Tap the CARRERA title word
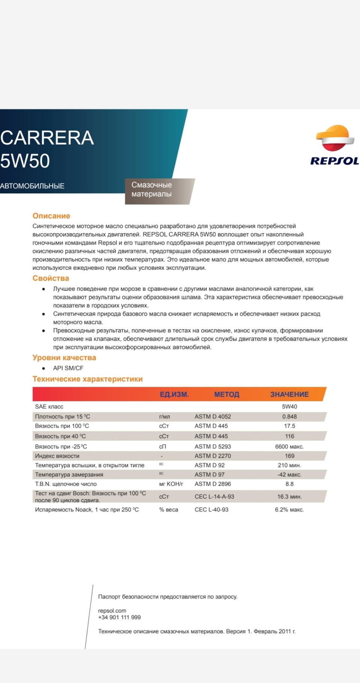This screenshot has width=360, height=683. pos(47,138)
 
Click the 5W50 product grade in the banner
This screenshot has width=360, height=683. pos(25,161)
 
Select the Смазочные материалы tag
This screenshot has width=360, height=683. pos(152,189)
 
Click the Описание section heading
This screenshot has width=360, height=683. pos(51,216)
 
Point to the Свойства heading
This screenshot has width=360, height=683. pos(51,278)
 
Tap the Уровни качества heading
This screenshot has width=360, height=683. pos(64,357)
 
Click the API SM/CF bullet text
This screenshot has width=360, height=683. pos(68,368)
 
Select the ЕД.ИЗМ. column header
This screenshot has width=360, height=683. pos(174,394)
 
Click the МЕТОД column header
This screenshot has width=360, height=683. pos(226,394)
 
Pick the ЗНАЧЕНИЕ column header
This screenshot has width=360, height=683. pos(289,394)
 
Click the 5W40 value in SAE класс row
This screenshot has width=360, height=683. pos(289,407)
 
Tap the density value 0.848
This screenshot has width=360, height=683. pos(289,416)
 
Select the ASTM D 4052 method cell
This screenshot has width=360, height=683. pos(213,416)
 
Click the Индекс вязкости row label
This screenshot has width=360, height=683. pos(57,456)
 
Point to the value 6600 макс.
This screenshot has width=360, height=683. pos(289,446)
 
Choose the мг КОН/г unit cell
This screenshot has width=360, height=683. pos(171,484)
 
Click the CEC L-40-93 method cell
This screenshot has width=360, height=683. pos(211,509)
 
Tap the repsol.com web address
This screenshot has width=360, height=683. pos(112,611)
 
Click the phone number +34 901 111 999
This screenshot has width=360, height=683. pos(119,617)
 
